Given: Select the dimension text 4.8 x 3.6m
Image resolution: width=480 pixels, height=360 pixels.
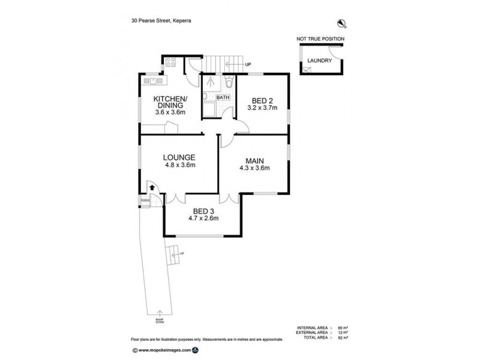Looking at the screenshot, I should pyautogui.click(x=179, y=164).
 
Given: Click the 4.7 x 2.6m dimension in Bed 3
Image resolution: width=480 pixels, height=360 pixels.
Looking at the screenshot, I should pyautogui.click(x=205, y=218).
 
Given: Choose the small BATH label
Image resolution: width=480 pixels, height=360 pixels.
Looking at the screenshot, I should pyautogui.click(x=222, y=97).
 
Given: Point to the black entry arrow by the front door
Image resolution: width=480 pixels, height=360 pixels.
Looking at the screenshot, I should pyautogui.click(x=151, y=188).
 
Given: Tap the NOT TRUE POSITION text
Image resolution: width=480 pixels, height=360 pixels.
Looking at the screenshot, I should pyautogui.click(x=320, y=39).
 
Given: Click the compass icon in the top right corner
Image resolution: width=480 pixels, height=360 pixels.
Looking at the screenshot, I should pyautogui.click(x=343, y=23).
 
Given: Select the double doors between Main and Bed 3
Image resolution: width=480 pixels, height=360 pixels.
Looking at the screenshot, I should pyautogui.click(x=229, y=197).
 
